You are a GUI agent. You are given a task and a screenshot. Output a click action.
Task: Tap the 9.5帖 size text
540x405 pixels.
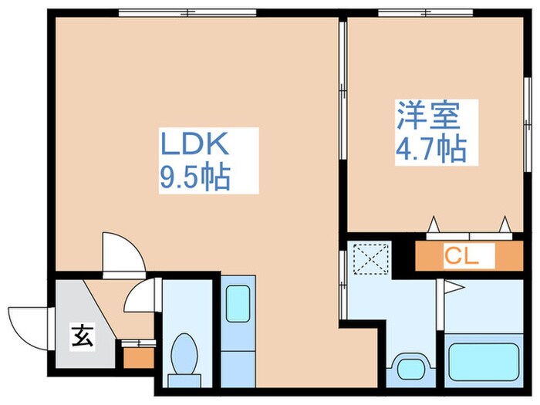[194, 179]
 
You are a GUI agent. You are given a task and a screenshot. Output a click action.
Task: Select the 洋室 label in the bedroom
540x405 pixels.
[428, 116]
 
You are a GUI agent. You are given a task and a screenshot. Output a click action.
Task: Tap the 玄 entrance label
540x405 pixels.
[79, 336]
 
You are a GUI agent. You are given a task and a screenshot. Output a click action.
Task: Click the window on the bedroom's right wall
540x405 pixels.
[528, 108]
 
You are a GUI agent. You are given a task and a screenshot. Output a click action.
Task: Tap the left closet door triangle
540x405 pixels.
[434, 224]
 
